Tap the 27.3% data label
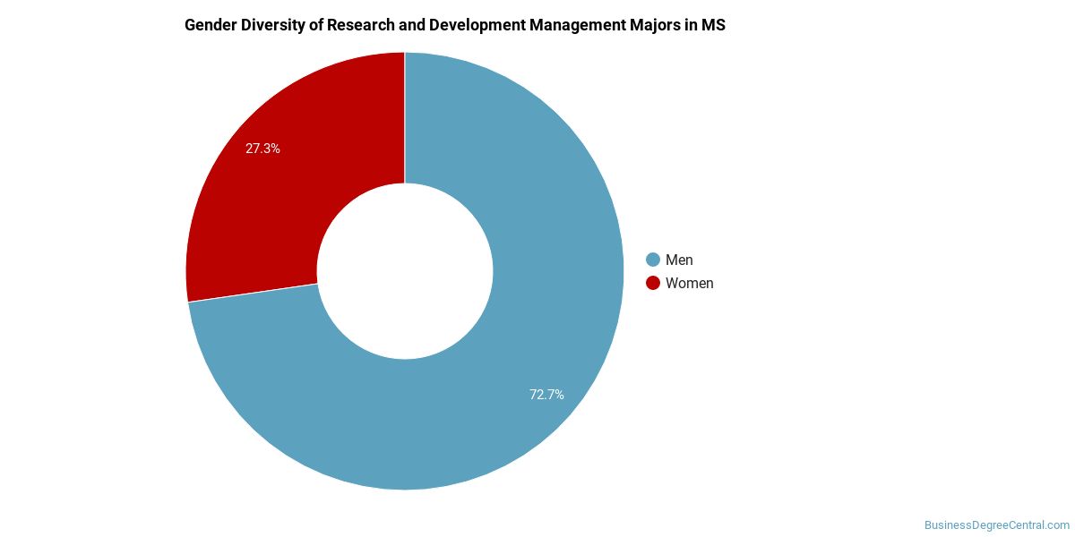262,149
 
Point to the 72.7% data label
546,394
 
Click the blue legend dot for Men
652,260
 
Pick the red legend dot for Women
652,283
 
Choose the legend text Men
679,260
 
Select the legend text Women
690,283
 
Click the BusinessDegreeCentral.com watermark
996,524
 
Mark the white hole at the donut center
405,270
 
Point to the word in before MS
696,25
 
